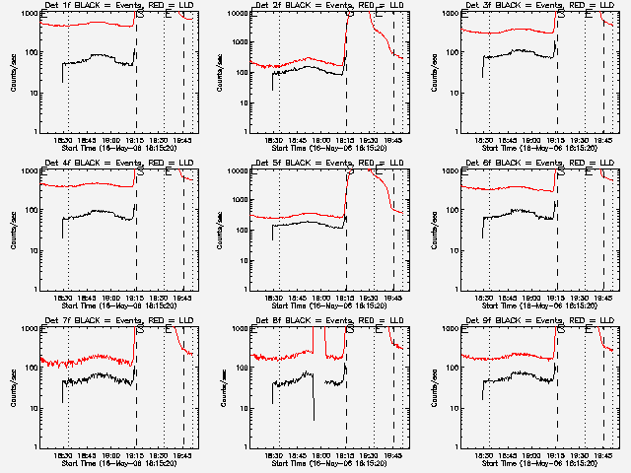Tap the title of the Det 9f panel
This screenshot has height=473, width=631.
tap(531, 321)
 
